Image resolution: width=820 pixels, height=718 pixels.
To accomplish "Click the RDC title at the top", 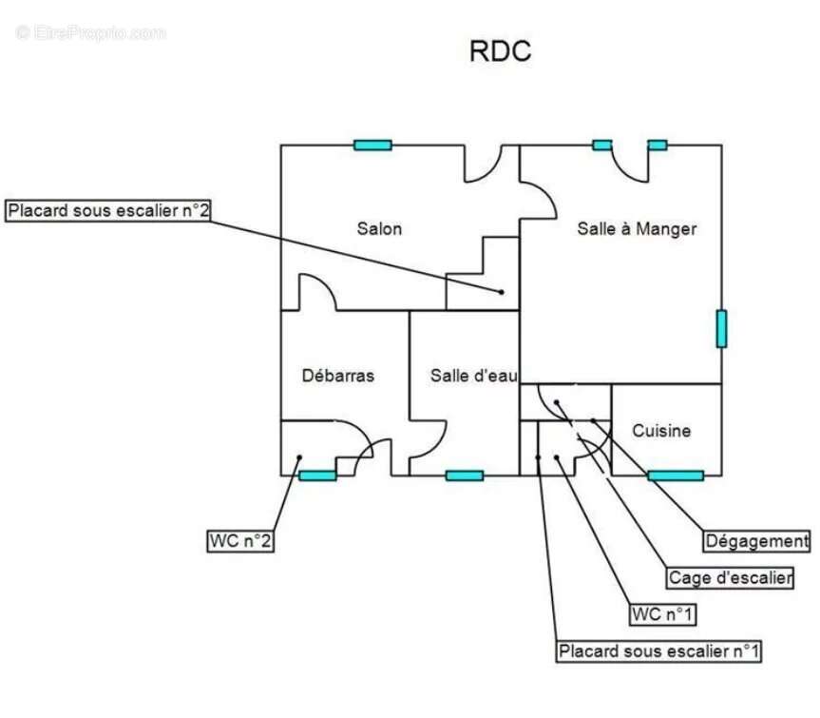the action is click(x=500, y=51).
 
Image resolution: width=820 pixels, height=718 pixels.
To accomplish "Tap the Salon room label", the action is click(x=379, y=228).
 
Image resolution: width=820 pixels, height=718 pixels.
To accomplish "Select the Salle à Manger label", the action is click(x=637, y=228).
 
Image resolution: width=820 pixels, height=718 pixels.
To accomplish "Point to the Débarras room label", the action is click(x=338, y=376).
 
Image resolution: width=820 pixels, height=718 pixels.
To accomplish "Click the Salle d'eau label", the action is click(x=474, y=376).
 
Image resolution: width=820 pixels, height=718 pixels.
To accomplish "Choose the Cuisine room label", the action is click(x=661, y=431).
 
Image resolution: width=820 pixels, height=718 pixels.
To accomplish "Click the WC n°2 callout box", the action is click(x=240, y=540).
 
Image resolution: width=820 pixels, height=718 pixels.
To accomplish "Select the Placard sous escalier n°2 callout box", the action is click(x=108, y=210).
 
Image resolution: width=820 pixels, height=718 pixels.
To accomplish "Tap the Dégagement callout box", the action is click(x=756, y=540).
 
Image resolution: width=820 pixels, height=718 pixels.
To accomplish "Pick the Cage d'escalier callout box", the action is click(x=730, y=578).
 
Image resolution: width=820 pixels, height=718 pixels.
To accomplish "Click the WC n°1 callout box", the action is click(x=662, y=614).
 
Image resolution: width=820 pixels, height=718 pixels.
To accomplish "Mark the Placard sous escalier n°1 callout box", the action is click(x=658, y=651).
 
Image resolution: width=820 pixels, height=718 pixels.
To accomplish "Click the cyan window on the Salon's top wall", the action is click(x=372, y=145).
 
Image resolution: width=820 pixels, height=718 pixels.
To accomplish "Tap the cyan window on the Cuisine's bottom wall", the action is click(x=676, y=475).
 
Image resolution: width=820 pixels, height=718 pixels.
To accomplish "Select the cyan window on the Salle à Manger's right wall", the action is click(x=722, y=329).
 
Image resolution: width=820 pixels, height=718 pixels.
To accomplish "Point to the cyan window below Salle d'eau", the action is click(x=465, y=475).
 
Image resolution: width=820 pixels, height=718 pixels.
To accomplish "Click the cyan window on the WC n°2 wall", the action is click(x=317, y=475).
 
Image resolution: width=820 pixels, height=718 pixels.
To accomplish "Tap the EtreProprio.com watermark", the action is click(x=90, y=33).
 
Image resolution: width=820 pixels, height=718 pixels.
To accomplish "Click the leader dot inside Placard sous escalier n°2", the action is click(x=501, y=292).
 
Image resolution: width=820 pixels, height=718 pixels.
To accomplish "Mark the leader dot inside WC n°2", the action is click(x=299, y=457).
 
